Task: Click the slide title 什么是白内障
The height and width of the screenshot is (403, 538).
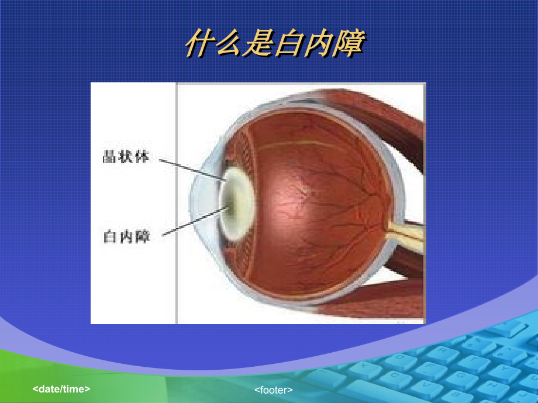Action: (274, 45)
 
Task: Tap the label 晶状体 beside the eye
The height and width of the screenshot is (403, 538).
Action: (126, 157)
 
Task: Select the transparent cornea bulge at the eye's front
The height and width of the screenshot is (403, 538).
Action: (202, 199)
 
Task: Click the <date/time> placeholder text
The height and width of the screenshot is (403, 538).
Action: (61, 388)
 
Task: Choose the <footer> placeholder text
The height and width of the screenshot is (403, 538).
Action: (273, 390)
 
